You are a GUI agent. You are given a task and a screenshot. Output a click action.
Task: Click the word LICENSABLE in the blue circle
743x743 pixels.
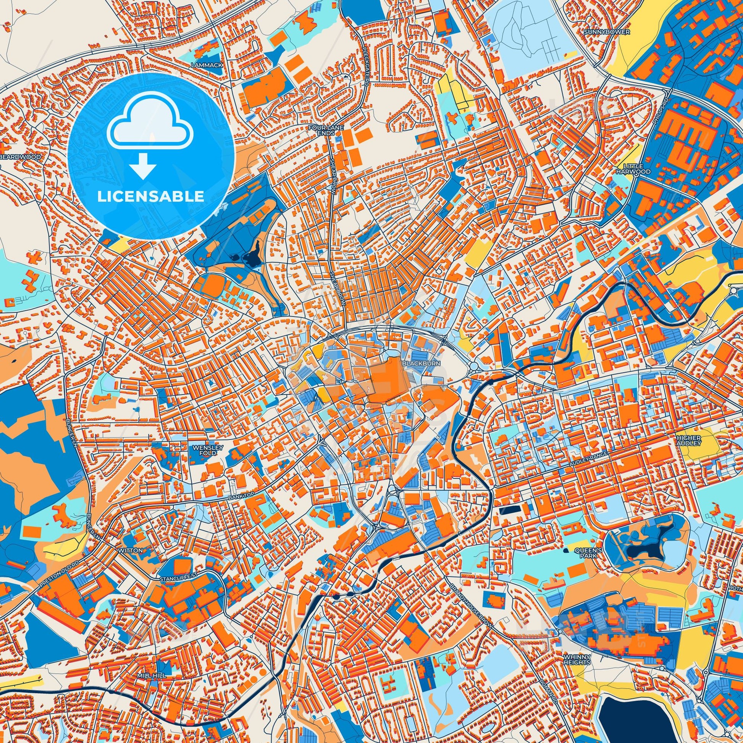(x=150, y=197)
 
